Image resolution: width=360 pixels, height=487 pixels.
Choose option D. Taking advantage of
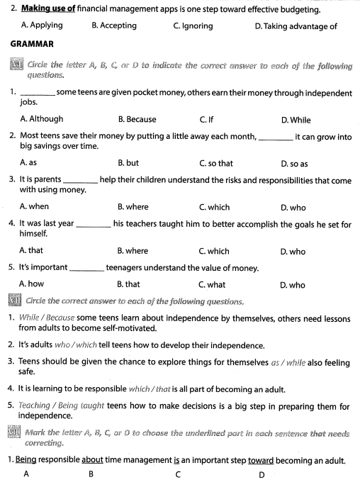tap(296, 26)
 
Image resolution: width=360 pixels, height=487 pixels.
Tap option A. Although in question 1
tap(42, 119)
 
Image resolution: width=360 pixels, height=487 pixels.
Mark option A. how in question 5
tap(33, 284)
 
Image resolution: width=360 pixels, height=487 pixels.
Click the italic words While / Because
tap(50, 316)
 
